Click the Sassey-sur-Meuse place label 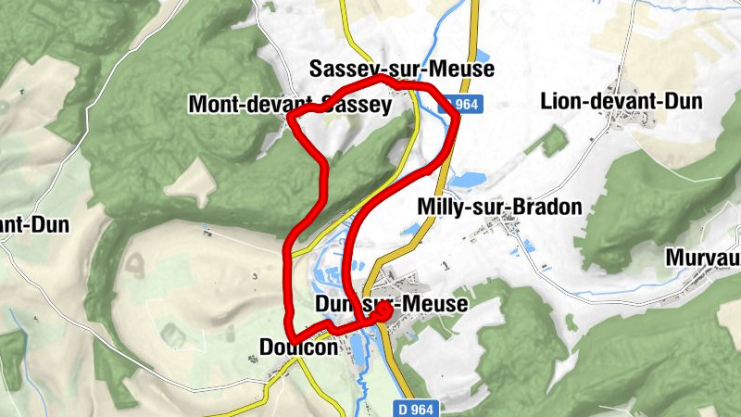[402, 69]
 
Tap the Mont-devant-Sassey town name [290, 105]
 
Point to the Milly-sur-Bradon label [500, 207]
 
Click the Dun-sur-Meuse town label [391, 303]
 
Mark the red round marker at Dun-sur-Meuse [381, 314]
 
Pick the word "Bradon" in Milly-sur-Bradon [547, 207]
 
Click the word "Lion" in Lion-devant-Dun [559, 101]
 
